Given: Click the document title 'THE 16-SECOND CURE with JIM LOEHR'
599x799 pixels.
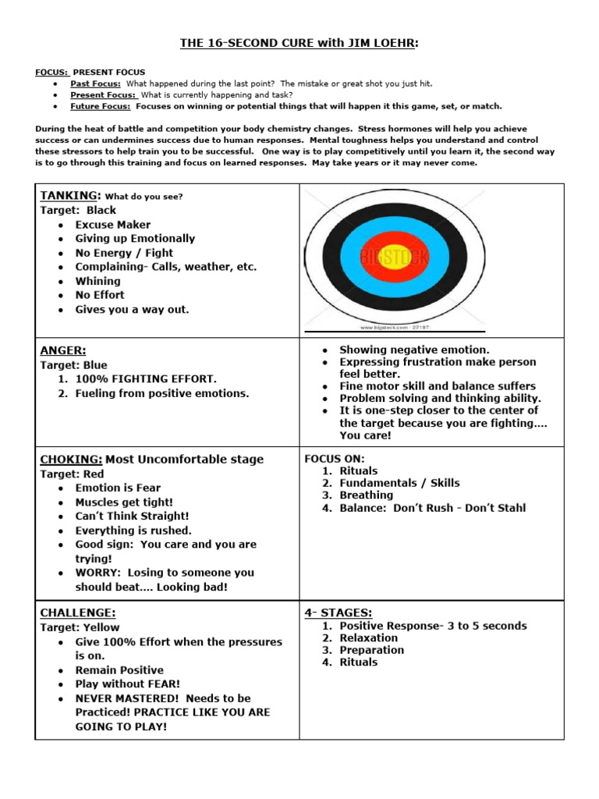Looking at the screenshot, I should [299, 44].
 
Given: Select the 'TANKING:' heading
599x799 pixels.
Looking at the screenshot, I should [69, 196].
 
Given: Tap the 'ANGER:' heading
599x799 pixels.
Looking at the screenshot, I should [63, 350].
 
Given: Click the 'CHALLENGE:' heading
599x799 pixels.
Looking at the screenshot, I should [78, 613].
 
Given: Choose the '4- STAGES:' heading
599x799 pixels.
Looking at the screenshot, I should [338, 613].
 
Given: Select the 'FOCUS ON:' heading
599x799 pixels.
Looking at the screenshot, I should [334, 459].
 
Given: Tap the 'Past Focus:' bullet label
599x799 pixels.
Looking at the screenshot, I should [95, 83].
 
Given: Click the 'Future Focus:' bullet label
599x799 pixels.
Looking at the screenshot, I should [100, 106].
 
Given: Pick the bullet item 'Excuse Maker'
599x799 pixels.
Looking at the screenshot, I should [113, 225].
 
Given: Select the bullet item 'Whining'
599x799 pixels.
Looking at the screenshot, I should [97, 281].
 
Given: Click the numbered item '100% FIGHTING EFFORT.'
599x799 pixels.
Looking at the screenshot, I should [146, 379].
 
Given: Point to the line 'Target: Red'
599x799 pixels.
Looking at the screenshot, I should [72, 474].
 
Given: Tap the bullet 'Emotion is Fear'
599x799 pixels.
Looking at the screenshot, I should [118, 488].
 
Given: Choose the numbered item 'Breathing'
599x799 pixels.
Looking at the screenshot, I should [366, 495].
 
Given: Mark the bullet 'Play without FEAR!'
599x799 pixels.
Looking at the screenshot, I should [127, 684].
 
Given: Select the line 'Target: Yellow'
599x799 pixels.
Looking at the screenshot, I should [80, 627].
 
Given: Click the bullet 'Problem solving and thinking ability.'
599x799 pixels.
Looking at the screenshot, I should [440, 398].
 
